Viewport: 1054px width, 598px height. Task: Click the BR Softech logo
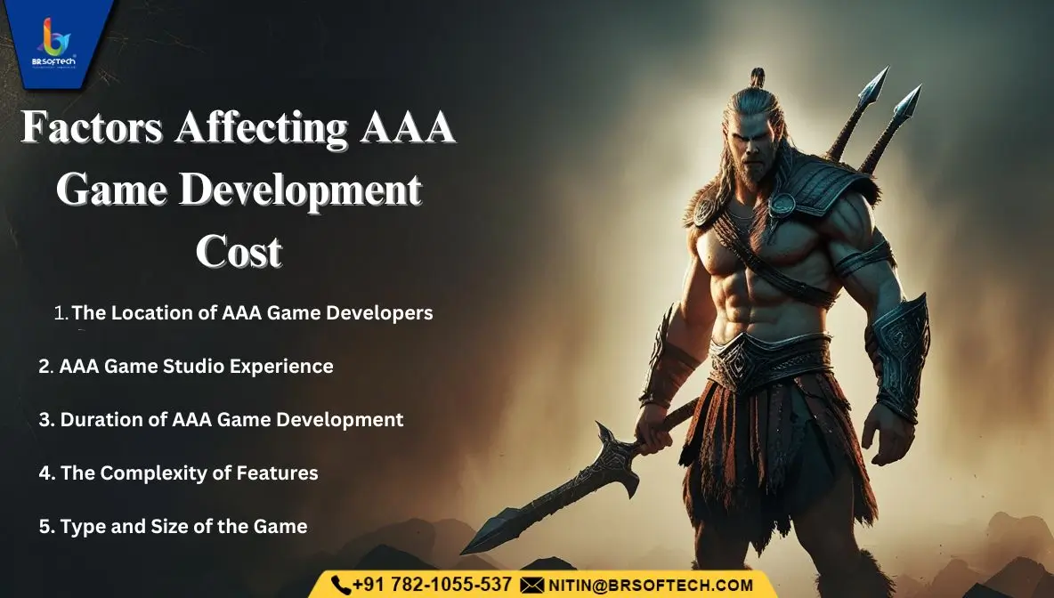coord(55,43)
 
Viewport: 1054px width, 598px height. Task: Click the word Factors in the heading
coord(92,126)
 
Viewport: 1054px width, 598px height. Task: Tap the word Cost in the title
coord(239,252)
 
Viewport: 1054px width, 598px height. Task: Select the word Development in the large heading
coord(300,190)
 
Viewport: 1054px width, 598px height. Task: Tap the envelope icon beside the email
coord(531,586)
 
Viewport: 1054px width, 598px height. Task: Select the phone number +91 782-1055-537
coord(432,585)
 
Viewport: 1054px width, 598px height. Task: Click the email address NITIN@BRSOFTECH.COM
coord(651,586)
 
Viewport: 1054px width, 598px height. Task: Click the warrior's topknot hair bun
coord(758,77)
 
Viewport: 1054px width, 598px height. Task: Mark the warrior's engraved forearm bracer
coord(900,353)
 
